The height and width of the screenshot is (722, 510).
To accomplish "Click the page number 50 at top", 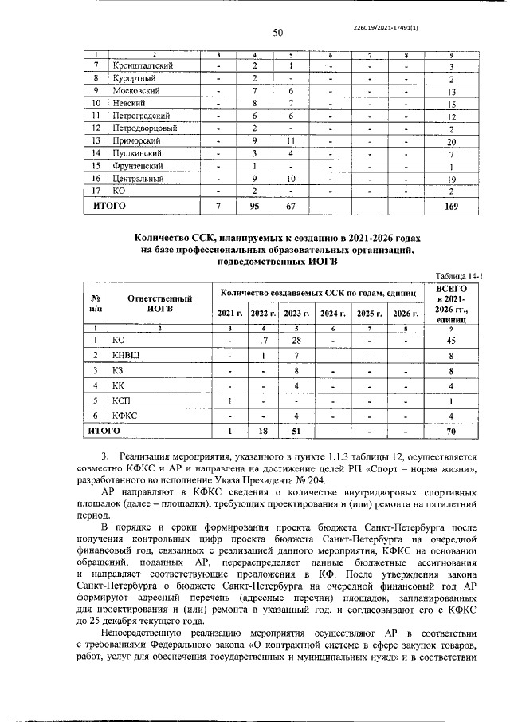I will coord(278,33).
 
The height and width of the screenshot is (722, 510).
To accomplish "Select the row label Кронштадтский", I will coord(143,65).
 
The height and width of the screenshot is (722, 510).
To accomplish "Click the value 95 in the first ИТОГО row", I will coord(254,207).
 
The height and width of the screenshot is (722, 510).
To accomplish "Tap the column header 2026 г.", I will coord(406,313).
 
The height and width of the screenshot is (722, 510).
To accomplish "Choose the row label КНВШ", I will coord(127,355).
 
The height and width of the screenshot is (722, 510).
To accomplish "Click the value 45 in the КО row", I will coord(451,339).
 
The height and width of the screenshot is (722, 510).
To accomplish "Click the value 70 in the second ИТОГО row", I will coord(451,432).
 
